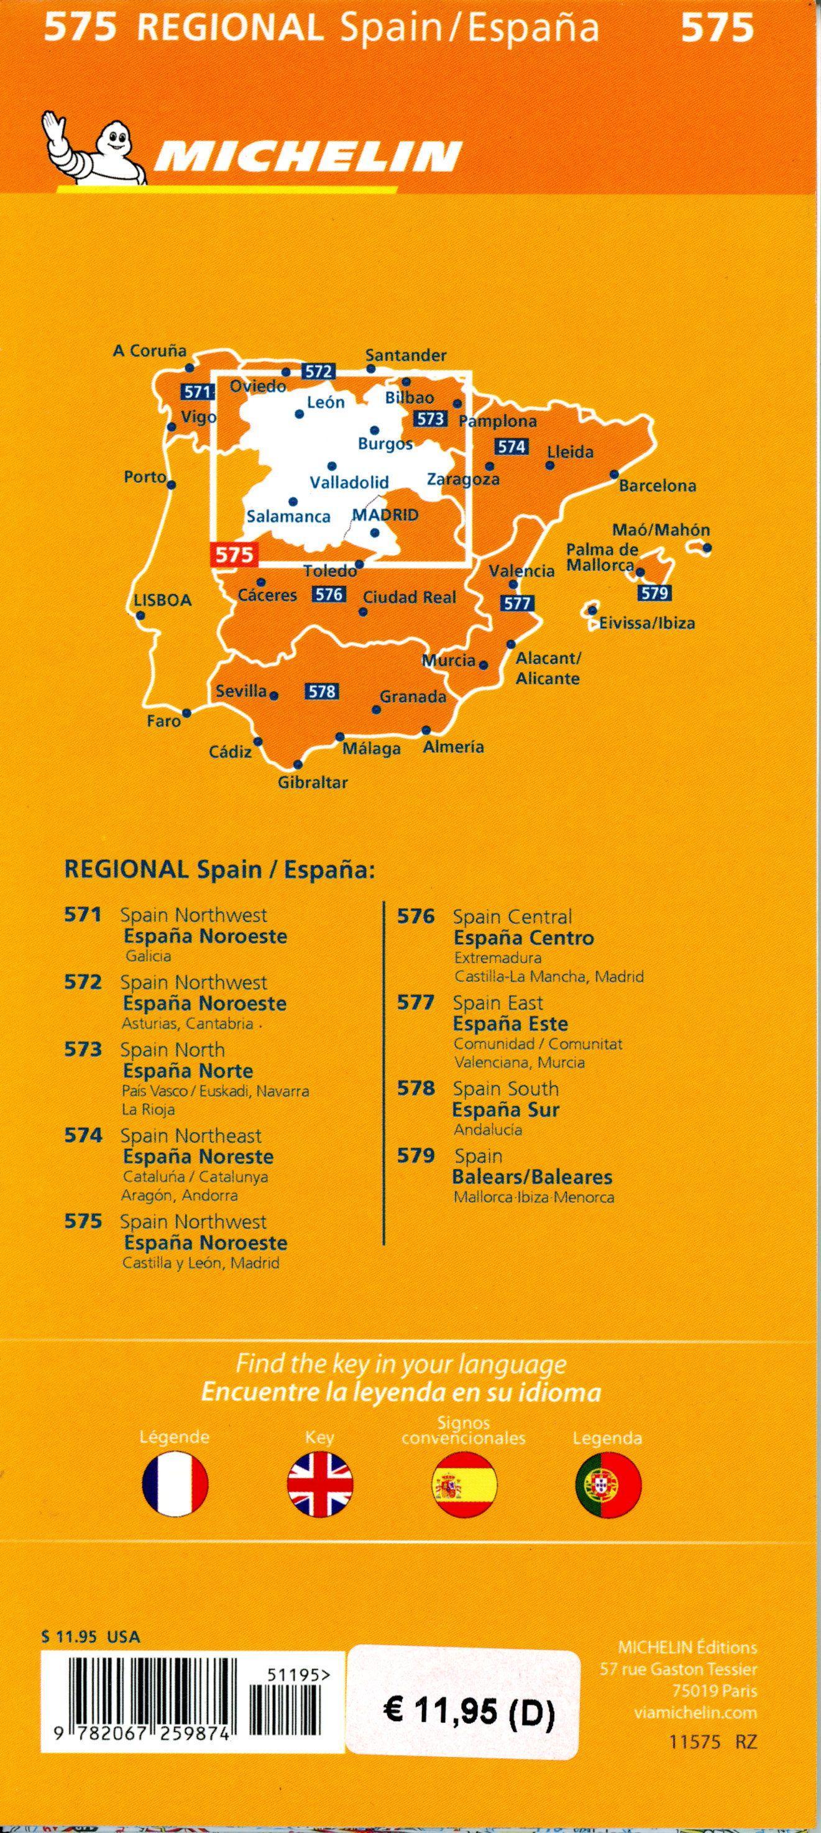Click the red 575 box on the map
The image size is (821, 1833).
coord(235,554)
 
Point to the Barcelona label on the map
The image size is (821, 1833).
coord(658,486)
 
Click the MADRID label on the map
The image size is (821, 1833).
coord(385,514)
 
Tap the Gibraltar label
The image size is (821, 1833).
coord(313,783)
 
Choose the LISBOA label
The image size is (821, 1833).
coord(163,600)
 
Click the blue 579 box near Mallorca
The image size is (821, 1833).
coord(654,592)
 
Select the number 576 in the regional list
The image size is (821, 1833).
coord(416,916)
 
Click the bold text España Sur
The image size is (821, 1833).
coord(506,1109)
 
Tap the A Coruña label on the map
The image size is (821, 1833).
coord(150,351)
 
